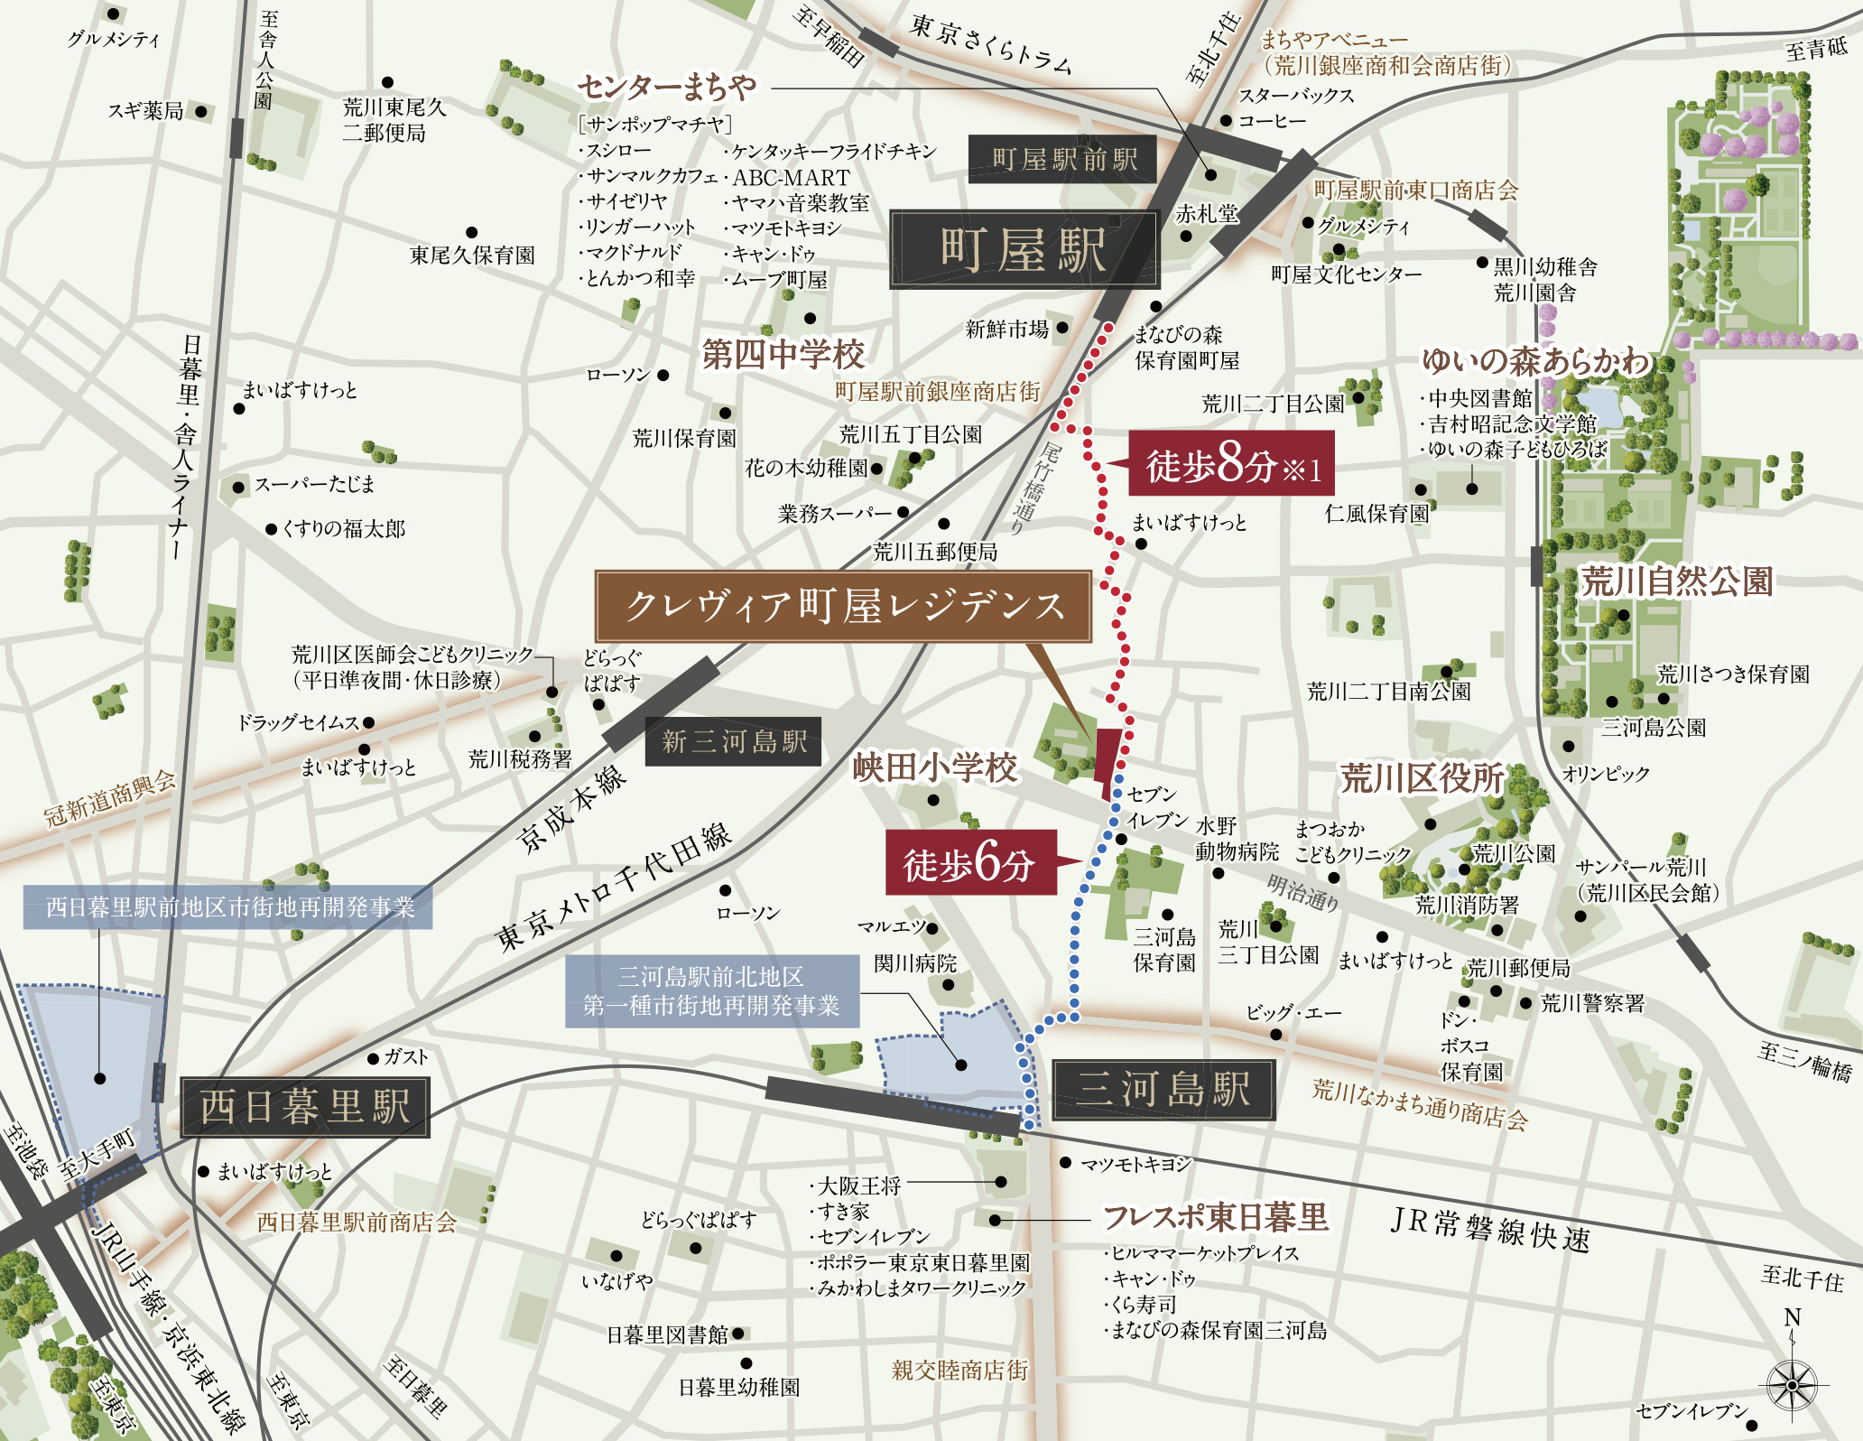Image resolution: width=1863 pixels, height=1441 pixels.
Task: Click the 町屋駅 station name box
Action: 1024,250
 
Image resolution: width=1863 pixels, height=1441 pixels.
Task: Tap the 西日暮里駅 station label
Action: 304,1106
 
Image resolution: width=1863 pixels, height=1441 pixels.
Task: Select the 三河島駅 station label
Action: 1163,1089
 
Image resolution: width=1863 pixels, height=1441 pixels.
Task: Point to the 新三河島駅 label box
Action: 734,741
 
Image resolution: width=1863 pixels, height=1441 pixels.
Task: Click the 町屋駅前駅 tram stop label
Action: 1063,160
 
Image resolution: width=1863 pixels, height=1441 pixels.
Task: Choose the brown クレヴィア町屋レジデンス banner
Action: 843,606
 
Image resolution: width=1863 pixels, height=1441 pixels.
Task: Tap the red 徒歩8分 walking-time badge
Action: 1231,464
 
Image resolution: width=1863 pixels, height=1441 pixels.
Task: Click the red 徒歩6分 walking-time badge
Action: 969,863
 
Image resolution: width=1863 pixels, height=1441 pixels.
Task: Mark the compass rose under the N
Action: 1793,1384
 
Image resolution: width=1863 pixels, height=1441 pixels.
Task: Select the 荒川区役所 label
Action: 1422,777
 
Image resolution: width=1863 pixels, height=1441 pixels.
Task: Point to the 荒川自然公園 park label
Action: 1677,581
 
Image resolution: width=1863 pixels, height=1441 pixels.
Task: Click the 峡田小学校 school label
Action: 934,768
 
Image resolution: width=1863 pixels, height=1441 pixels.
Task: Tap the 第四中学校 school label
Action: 783,355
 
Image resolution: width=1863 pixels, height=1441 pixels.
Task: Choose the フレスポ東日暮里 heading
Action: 1215,1217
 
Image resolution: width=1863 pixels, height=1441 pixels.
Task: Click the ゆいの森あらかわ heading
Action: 1534,361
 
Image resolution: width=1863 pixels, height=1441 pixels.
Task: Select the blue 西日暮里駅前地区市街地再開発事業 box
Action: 227,906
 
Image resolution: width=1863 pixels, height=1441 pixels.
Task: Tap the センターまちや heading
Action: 666,88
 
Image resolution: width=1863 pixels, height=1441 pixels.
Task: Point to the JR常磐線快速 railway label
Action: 1489,1230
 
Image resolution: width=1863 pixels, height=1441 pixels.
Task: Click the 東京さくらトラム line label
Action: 990,43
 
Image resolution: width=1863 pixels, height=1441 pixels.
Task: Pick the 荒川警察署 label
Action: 1592,1003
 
